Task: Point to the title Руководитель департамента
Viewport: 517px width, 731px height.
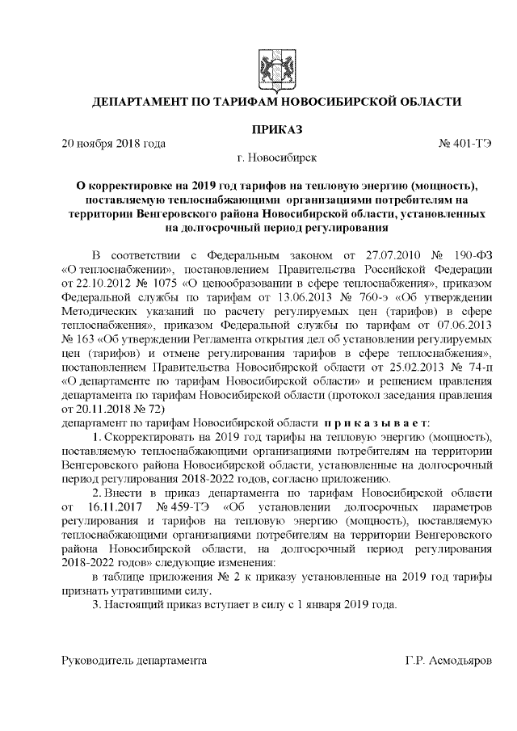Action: [x=135, y=660]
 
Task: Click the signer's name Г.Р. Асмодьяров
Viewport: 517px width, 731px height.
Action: [x=448, y=660]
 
